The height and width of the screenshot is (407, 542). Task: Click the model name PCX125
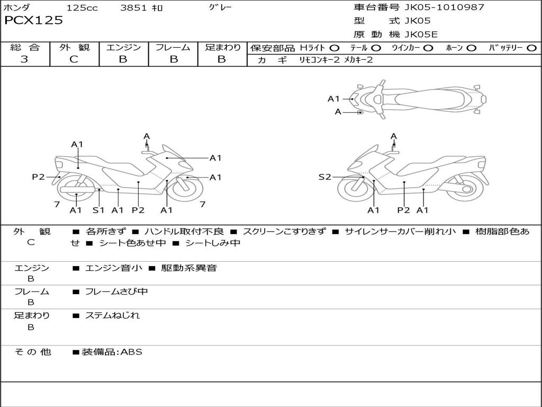[x=33, y=20]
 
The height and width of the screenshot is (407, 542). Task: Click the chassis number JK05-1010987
[x=444, y=7]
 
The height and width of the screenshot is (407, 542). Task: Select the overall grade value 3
[x=24, y=59]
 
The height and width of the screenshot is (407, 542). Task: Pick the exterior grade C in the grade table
[x=74, y=59]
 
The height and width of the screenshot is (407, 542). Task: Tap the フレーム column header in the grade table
[x=173, y=47]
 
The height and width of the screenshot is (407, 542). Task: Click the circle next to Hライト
[x=335, y=48]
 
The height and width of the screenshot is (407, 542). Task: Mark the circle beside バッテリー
[x=531, y=48]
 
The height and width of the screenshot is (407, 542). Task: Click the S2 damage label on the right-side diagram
[x=324, y=177]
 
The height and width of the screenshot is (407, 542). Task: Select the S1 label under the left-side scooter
[x=98, y=210]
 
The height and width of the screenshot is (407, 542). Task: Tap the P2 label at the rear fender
[x=38, y=177]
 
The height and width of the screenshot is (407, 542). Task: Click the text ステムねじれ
[x=112, y=316]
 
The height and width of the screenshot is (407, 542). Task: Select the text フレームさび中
[x=116, y=292]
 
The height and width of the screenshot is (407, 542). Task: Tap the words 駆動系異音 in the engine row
[x=189, y=268]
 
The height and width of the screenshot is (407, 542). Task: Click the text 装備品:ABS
[x=112, y=352]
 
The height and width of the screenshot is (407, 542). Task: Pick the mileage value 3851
[x=133, y=7]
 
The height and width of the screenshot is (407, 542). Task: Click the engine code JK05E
[x=421, y=34]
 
